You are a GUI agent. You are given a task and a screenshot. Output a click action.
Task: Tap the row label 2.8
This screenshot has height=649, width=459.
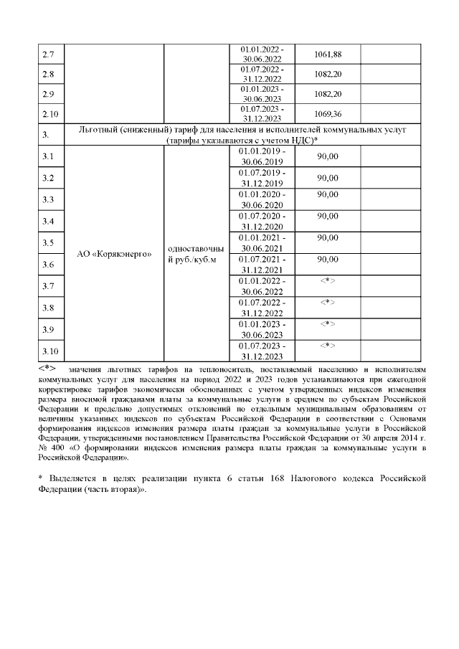pyautogui.click(x=49, y=75)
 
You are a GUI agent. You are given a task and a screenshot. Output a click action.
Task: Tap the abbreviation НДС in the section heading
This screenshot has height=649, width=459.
pyautogui.click(x=299, y=140)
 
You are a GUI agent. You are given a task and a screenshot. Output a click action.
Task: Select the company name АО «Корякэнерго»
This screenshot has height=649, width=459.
pyautogui.click(x=114, y=255)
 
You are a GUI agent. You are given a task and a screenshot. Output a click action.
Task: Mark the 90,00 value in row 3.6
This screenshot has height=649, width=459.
pyautogui.click(x=327, y=259)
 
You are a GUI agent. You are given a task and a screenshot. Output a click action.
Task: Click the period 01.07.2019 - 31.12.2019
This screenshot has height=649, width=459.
pyautogui.click(x=262, y=178)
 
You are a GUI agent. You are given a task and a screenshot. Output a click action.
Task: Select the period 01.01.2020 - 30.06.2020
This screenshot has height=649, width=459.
pyautogui.click(x=262, y=199)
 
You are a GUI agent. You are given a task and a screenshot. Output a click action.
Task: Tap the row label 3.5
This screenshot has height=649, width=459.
pyautogui.click(x=49, y=243)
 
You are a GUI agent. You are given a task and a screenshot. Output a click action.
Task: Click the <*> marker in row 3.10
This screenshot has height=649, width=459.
pyautogui.click(x=327, y=346)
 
